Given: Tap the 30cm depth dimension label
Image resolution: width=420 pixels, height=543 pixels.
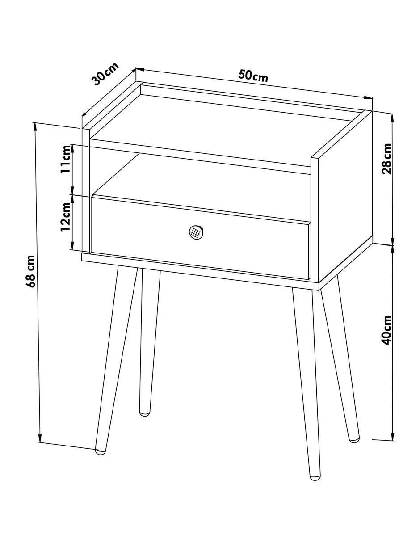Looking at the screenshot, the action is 105,74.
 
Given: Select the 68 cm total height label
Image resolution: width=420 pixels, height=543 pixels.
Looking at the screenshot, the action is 32,271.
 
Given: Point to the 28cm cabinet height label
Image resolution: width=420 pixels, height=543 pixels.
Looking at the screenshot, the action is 387,159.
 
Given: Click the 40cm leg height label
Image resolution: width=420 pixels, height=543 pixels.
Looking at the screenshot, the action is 387,330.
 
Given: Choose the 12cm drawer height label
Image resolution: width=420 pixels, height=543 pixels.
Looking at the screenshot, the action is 66,217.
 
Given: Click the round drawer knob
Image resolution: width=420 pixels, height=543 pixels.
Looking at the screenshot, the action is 196,233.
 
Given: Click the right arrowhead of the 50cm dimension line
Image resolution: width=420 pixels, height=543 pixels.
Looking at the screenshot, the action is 368,98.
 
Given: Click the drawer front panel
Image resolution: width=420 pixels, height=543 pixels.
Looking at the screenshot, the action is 200,237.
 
